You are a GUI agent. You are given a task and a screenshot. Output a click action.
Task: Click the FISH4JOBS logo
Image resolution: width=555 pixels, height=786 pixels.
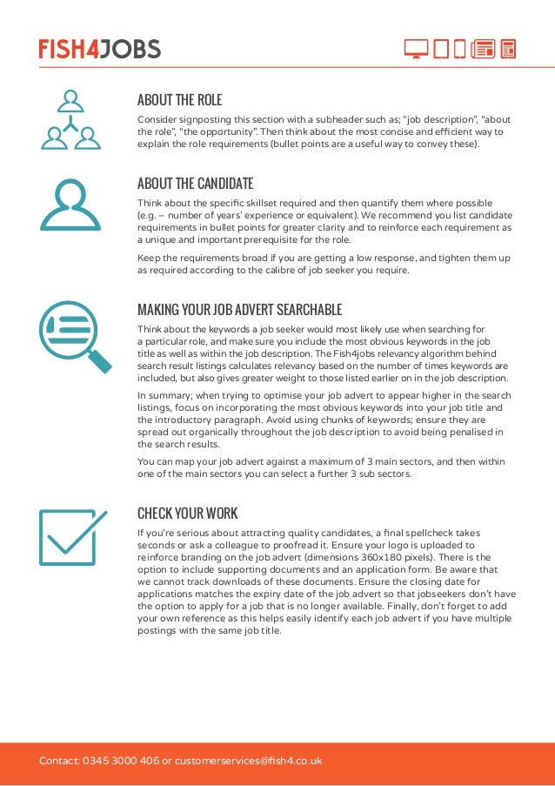(x=99, y=49)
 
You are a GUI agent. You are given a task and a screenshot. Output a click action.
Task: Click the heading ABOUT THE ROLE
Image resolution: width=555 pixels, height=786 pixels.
(x=179, y=99)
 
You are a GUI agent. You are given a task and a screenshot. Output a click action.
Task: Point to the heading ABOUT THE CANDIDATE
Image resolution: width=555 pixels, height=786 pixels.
(x=195, y=183)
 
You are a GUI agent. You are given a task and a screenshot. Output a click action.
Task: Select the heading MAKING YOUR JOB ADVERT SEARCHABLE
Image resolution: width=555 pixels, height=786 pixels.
(x=239, y=310)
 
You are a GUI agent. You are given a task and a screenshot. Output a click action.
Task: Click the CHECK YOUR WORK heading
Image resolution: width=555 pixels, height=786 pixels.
(x=187, y=513)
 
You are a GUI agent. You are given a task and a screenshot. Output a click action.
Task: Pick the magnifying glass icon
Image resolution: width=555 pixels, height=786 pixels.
(x=75, y=336)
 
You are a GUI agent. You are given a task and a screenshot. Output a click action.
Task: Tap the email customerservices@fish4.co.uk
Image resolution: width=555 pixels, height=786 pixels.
(x=248, y=761)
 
